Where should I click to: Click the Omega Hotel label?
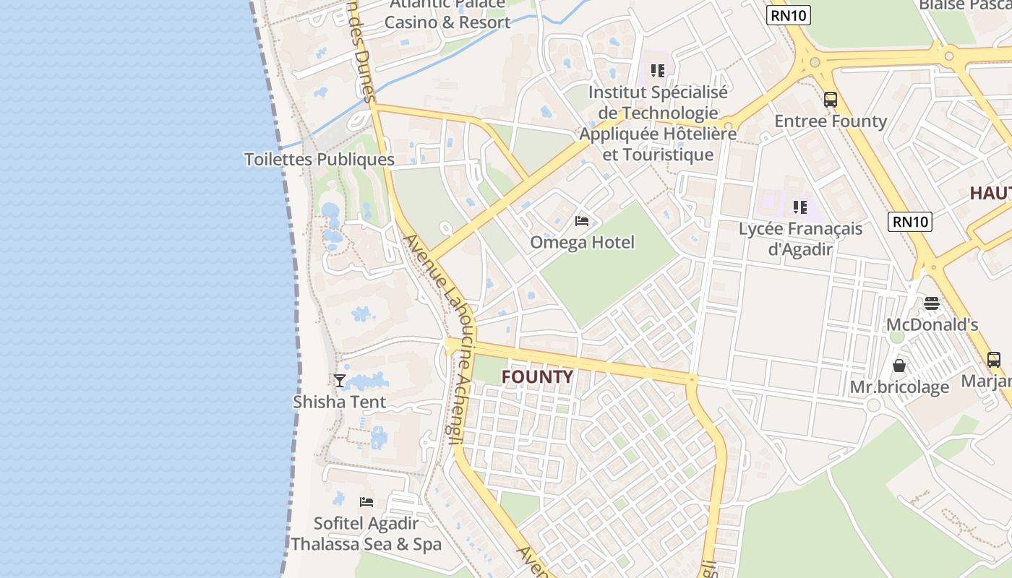pos(582,242)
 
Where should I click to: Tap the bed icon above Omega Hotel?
pos(582,220)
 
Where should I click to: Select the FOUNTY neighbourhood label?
pos(538,376)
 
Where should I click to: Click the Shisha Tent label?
pos(339,402)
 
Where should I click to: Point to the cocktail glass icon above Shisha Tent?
pos(339,380)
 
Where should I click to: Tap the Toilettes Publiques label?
pos(320,159)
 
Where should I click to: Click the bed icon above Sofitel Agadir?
pos(366,501)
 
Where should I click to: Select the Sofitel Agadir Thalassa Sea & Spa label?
pos(366,533)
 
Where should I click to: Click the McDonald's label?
pos(932,324)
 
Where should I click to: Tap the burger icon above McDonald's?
pos(932,303)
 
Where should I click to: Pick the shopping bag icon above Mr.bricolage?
pos(899,366)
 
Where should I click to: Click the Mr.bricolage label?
pos(899,387)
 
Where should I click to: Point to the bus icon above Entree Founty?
pos(831,100)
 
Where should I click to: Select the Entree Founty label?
pos(831,121)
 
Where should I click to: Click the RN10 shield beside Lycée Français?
pos(910,221)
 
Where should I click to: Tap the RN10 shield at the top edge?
pos(789,14)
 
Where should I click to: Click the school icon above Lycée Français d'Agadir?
pos(800,207)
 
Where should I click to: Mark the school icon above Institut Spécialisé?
pos(657,71)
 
